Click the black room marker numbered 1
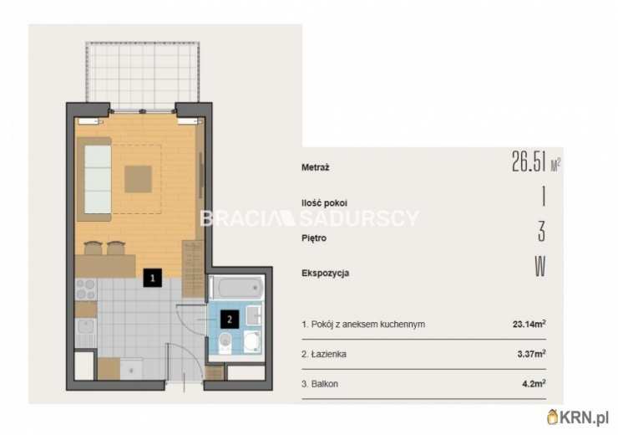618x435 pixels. point(153,278)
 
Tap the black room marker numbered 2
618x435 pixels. point(230,319)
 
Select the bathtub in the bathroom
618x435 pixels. point(236,287)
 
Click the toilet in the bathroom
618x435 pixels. point(225,343)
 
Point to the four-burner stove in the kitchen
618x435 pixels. point(86,289)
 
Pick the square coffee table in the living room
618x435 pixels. point(139,179)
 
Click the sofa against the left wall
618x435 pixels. point(94,179)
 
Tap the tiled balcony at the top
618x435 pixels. point(142,75)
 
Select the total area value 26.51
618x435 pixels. point(529,161)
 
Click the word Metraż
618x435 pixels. point(316,167)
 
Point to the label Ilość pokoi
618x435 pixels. point(324,203)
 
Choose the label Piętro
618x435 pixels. point(314,238)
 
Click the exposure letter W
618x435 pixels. point(540,267)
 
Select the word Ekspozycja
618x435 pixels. point(325,274)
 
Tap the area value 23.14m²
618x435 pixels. point(529,324)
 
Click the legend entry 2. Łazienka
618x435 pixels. point(324,354)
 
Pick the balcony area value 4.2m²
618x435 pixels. point(534,383)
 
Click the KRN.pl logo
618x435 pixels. point(578,417)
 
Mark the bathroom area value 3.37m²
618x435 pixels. point(532,354)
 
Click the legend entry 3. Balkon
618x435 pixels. point(320,384)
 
